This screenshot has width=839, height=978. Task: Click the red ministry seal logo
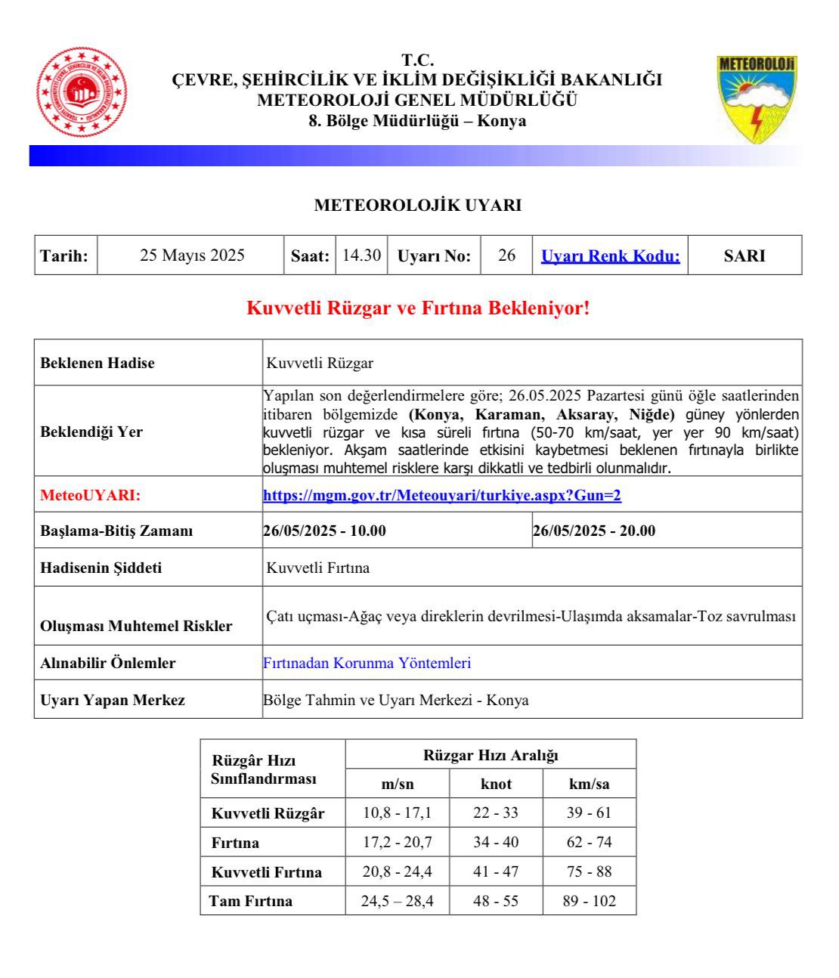click(82, 93)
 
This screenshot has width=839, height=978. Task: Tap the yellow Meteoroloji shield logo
click(757, 99)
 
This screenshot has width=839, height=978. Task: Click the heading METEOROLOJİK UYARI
click(418, 205)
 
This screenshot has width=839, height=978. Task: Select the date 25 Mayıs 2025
click(192, 255)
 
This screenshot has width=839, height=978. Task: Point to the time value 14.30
click(361, 255)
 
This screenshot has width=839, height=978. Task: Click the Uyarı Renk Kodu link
click(610, 256)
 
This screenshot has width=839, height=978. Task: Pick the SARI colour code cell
click(745, 256)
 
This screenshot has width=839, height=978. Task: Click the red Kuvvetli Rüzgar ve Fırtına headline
click(418, 308)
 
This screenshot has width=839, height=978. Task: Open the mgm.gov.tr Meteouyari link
click(441, 496)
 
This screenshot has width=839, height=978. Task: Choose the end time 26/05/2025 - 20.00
click(594, 531)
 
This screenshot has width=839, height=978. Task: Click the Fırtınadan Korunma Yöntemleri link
click(367, 663)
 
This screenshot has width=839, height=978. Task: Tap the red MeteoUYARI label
click(90, 496)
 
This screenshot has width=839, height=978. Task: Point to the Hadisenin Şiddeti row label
click(101, 568)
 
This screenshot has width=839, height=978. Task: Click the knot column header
click(496, 784)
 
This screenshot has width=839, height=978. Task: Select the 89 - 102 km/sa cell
click(590, 901)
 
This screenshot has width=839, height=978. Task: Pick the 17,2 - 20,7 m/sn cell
click(397, 842)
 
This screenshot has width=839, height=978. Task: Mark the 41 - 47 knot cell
click(496, 871)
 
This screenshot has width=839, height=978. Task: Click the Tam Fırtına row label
click(251, 901)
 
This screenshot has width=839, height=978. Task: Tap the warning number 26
click(506, 255)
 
